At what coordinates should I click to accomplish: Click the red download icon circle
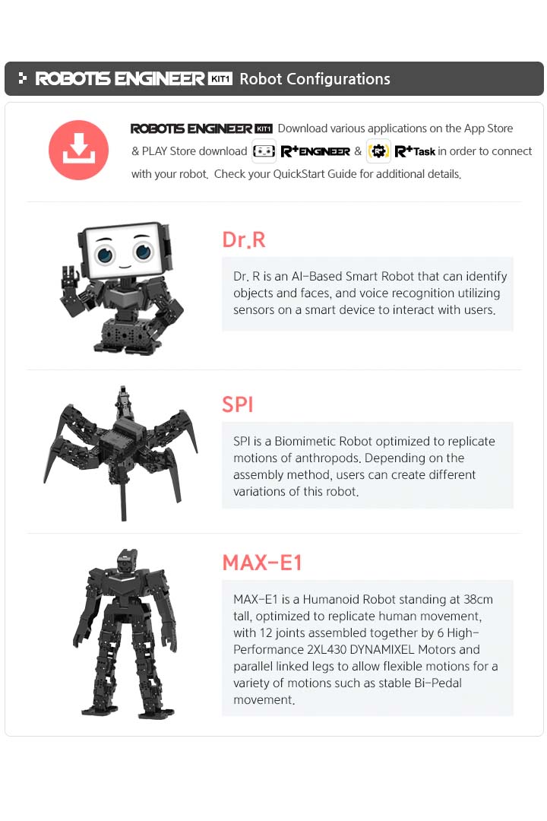click(x=79, y=150)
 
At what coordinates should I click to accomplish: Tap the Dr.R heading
click(x=244, y=240)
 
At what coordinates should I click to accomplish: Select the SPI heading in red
click(x=238, y=404)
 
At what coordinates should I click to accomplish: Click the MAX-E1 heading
click(x=262, y=563)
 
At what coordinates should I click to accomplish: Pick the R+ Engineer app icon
click(x=264, y=151)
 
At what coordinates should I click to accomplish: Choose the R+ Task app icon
click(x=378, y=151)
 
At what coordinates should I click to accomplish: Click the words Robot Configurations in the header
click(x=315, y=79)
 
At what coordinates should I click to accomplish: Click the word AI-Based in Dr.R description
click(x=311, y=277)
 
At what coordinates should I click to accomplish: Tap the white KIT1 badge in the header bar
click(x=220, y=79)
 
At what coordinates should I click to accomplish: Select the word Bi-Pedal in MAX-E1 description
click(x=434, y=683)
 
